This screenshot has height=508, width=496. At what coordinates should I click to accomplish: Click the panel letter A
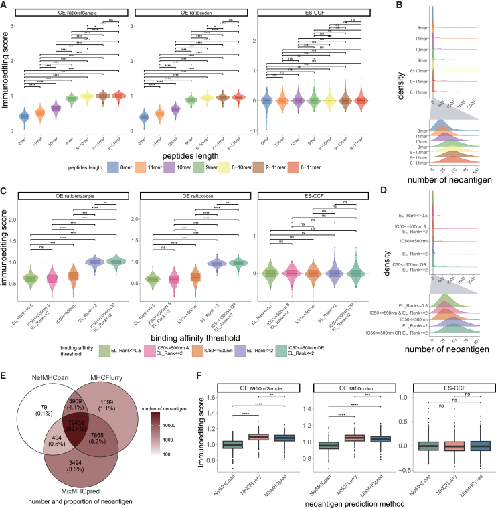[5, 5]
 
